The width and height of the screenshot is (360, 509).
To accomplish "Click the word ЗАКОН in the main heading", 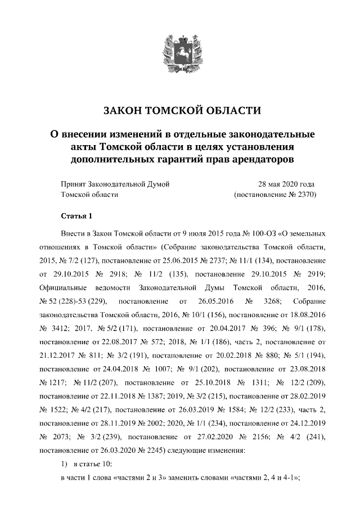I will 125,110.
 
